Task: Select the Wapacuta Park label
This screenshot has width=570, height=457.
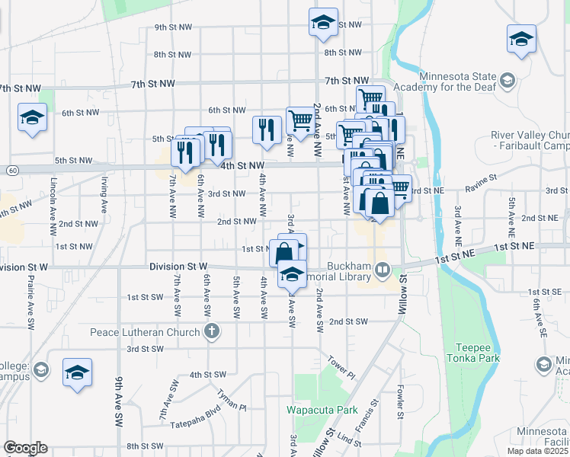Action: [322, 410]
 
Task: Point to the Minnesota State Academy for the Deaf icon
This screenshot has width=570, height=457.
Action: [506, 79]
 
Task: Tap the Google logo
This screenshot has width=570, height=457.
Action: [25, 448]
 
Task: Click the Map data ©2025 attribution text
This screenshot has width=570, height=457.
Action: [537, 451]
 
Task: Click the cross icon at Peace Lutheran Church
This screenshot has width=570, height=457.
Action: [211, 331]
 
